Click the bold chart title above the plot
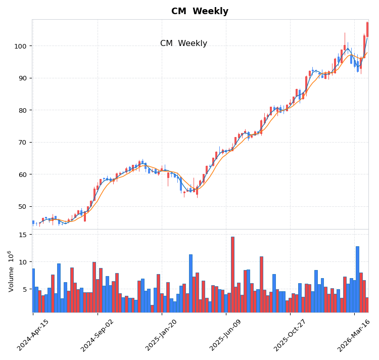[200, 11]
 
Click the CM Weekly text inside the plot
[183, 43]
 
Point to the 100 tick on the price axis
[21, 46]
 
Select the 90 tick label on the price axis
[23, 78]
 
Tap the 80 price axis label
[23, 110]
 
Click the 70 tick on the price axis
[23, 142]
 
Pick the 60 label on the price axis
[23, 174]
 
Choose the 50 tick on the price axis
[23, 206]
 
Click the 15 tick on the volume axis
[23, 235]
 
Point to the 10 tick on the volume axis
[23, 262]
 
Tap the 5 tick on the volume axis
[25, 289]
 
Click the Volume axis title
[11, 271]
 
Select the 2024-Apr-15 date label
[33, 335]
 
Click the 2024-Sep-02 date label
[97, 335]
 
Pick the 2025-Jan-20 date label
[161, 335]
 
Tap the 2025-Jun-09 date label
[225, 335]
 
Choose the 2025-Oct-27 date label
[290, 335]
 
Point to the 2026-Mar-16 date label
[354, 335]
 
